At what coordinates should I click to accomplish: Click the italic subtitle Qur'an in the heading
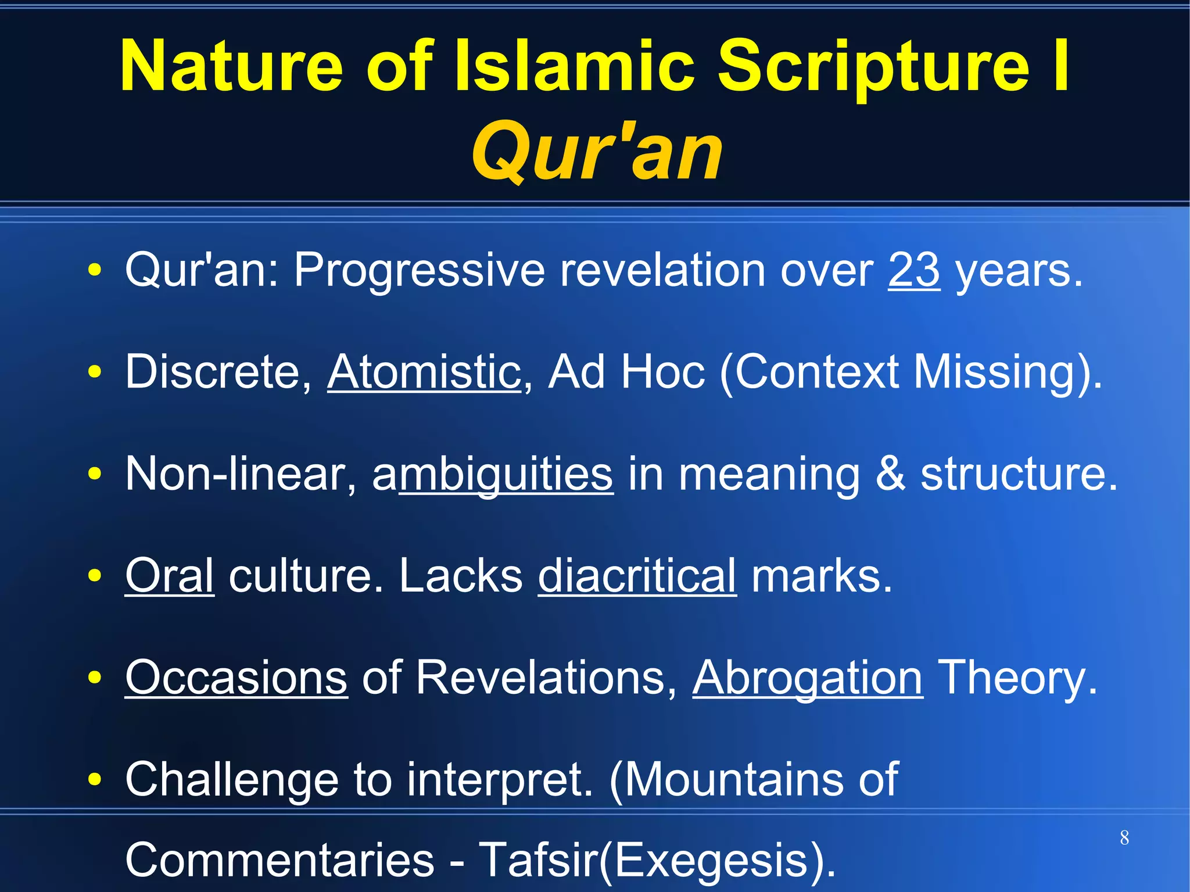pos(597,152)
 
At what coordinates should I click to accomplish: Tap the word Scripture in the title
pos(874,67)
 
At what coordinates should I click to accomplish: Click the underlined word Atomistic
pos(424,372)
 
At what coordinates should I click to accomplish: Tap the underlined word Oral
pos(170,575)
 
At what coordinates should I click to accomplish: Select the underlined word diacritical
pos(637,575)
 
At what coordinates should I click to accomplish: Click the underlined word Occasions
pos(236,678)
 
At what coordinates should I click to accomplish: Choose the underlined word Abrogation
pos(807,678)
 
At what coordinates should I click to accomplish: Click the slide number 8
pos(1124,838)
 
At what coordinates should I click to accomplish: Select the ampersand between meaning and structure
pos(890,474)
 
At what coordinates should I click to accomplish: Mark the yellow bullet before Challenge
pos(95,779)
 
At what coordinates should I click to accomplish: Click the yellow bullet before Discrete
pos(95,372)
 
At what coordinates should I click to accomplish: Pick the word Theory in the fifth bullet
pos(1017,678)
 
